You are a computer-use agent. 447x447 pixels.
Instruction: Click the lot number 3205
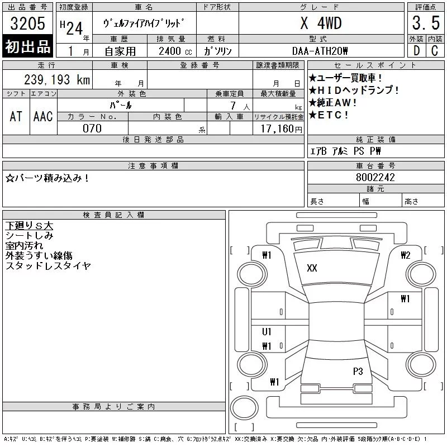27,23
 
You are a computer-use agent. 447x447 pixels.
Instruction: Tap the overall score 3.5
426,23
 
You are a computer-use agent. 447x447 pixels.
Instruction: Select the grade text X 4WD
321,23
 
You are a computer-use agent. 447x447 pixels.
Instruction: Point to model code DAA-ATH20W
320,51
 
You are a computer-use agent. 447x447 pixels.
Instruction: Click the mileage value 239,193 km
57,79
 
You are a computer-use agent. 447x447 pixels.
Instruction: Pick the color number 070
92,129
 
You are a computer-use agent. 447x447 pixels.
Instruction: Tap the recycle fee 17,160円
281,129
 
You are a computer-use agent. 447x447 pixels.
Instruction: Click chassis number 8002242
375,177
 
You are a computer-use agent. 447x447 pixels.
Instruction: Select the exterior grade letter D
416,51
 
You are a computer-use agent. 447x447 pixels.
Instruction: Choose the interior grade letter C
435,51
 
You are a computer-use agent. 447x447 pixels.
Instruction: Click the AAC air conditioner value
43,117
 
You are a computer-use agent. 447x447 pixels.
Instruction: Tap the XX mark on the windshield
312,268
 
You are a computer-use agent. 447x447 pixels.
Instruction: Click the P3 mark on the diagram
358,371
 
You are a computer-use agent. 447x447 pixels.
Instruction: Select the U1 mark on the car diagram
267,331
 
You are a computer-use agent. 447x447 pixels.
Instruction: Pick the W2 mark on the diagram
406,255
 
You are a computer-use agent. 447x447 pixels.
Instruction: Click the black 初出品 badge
27,46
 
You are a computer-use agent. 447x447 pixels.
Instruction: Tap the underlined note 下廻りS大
29,226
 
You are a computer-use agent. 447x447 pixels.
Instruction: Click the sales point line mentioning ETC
329,115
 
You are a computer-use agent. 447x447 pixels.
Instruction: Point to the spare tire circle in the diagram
244,408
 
